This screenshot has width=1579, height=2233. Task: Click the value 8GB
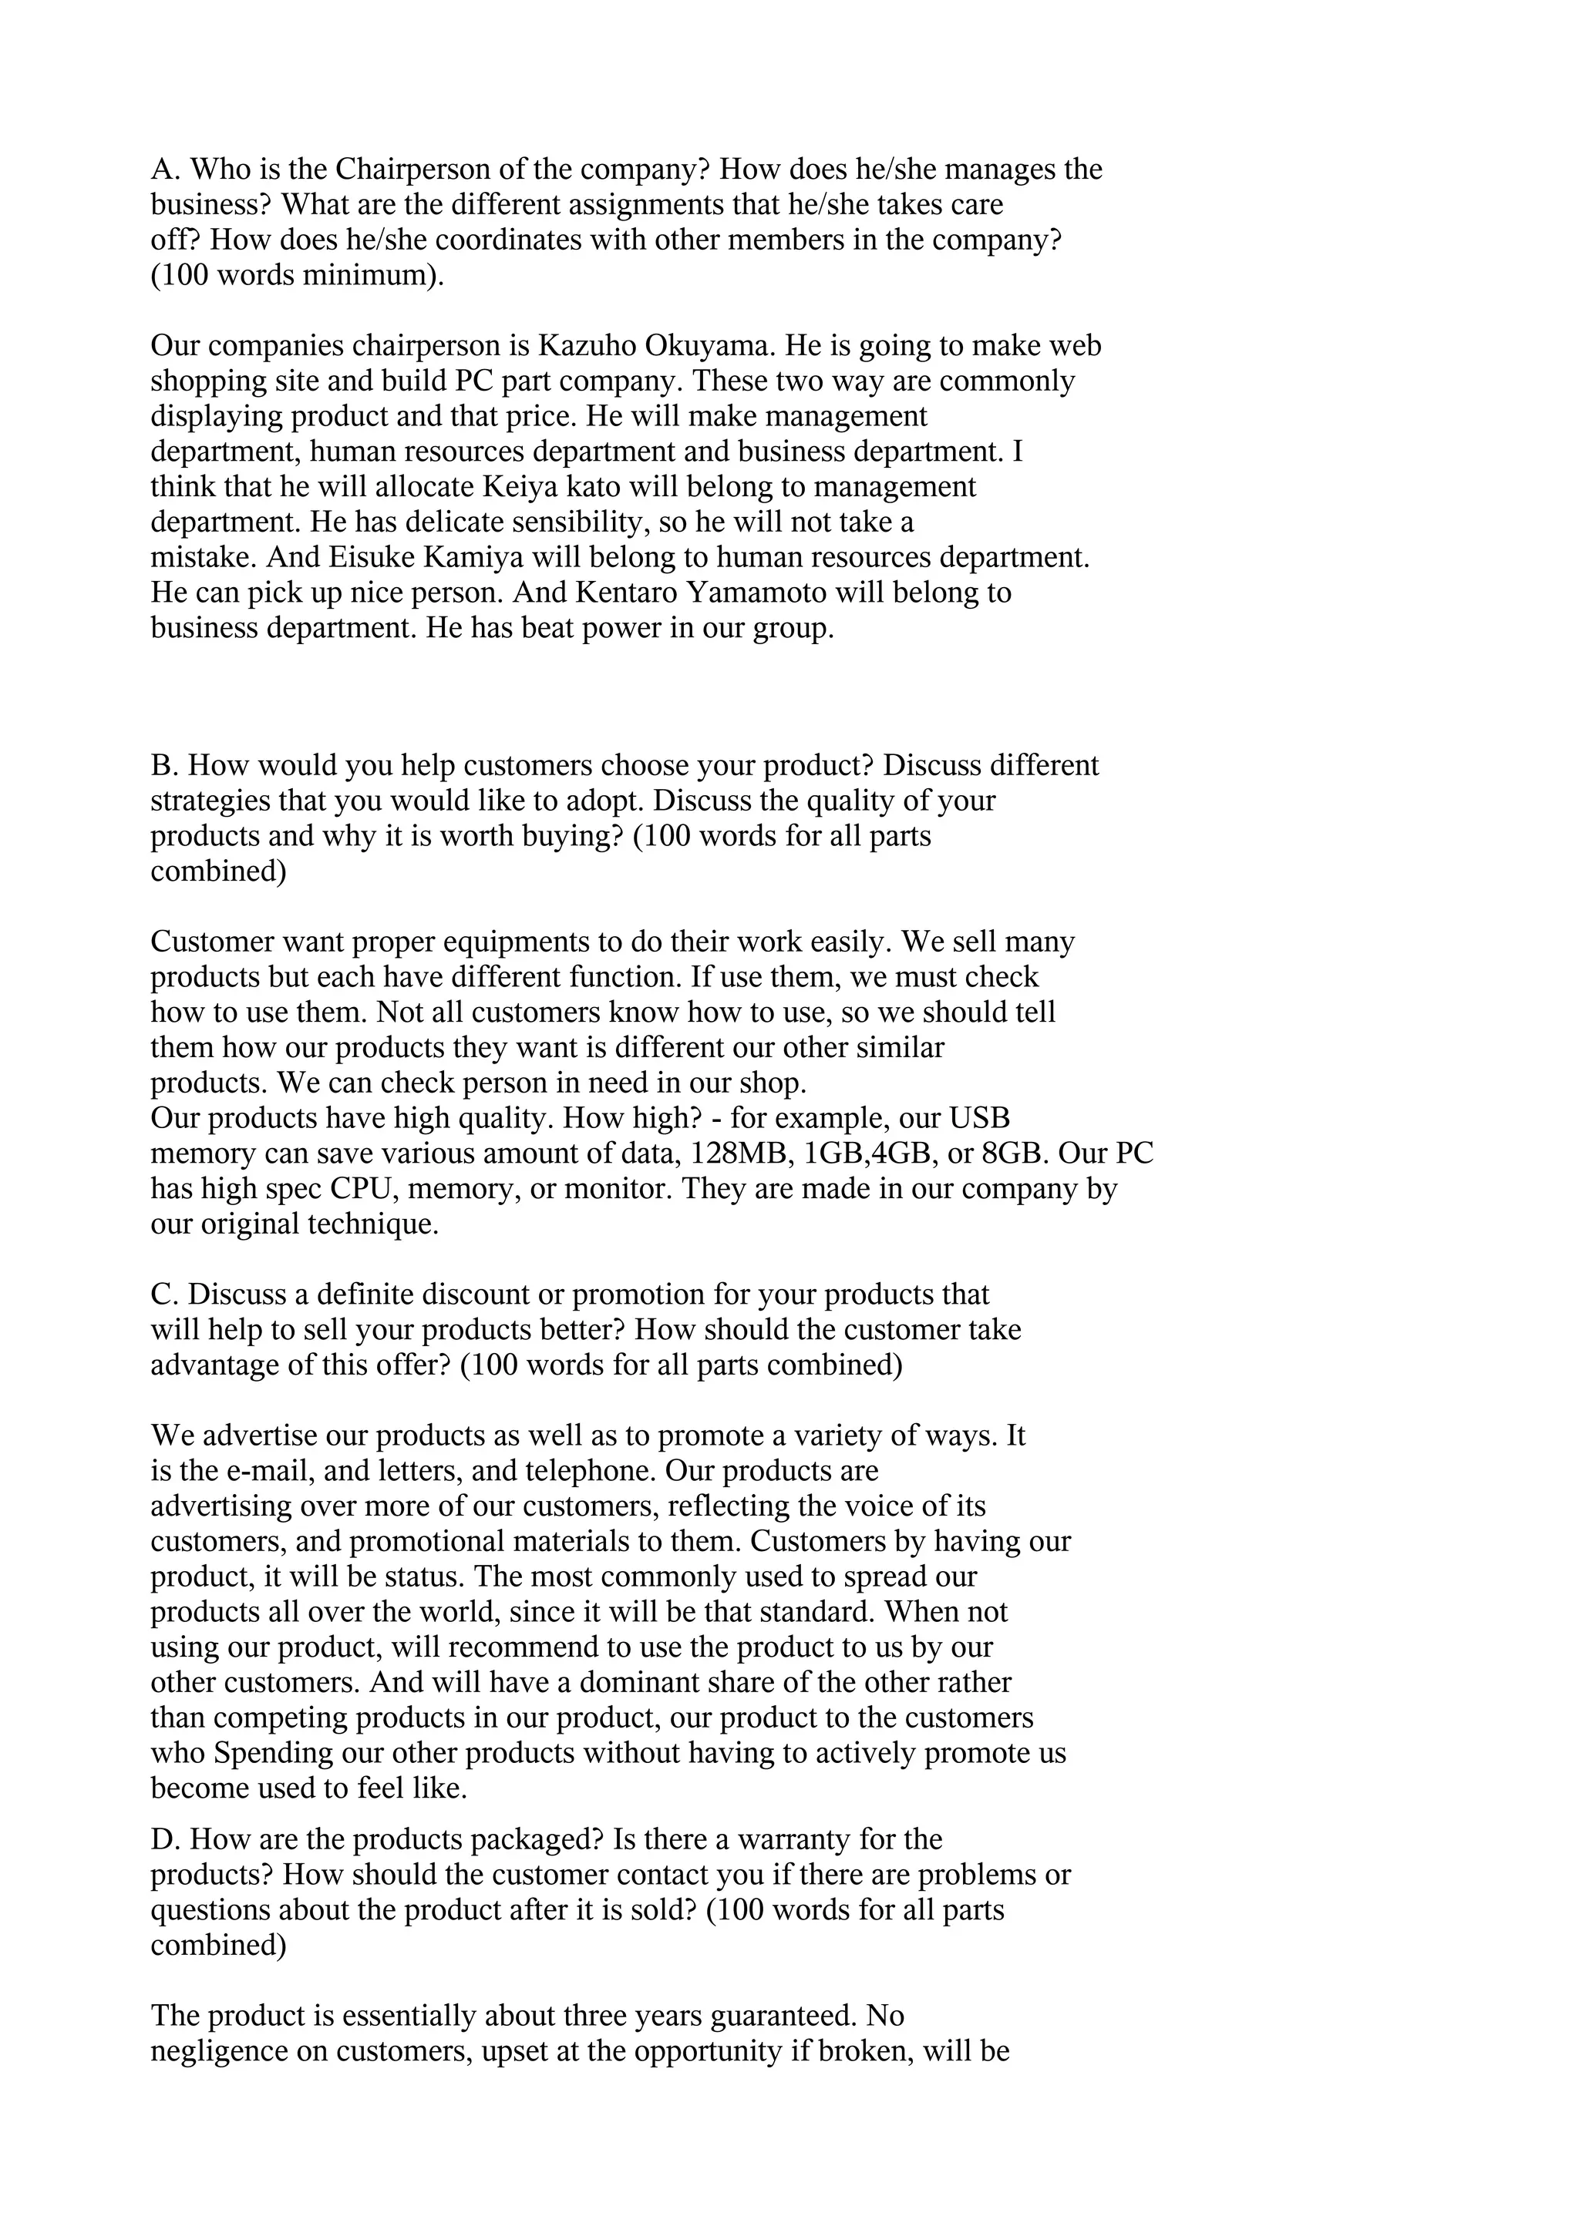(1011, 1153)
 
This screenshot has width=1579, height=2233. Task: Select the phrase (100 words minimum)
(297, 275)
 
